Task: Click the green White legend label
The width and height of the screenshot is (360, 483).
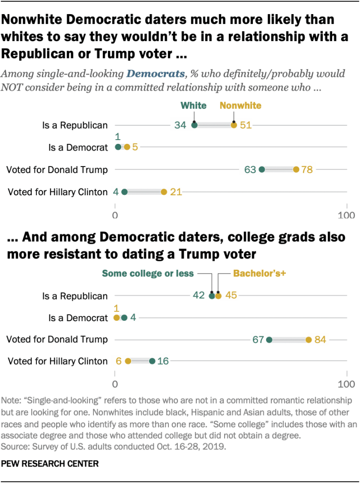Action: point(194,105)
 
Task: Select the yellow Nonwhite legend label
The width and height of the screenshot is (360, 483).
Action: point(240,105)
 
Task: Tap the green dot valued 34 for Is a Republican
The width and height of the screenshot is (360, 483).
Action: point(194,125)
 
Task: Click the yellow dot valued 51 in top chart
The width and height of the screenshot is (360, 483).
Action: point(234,125)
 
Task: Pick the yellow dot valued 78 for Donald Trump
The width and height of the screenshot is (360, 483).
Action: point(296,170)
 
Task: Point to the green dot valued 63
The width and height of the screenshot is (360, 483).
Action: point(262,170)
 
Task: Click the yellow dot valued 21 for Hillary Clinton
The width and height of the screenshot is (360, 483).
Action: point(164,192)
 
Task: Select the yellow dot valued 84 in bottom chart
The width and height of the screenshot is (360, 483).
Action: point(309,340)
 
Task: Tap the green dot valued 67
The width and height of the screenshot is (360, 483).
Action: point(269,340)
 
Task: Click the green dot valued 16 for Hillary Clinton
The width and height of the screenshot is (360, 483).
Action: point(152,361)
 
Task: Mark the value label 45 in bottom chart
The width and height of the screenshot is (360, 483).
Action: point(231,296)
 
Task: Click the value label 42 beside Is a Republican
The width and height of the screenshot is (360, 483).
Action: point(199,296)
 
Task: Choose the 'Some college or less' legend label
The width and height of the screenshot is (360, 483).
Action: point(148,274)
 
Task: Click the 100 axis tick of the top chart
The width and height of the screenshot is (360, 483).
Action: point(347,216)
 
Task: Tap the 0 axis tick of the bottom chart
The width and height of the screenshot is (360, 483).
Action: point(115,383)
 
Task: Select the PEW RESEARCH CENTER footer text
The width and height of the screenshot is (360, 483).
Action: point(50,464)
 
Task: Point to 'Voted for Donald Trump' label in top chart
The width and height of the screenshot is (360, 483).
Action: point(57,170)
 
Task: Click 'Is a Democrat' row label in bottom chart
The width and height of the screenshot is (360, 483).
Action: point(79,318)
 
